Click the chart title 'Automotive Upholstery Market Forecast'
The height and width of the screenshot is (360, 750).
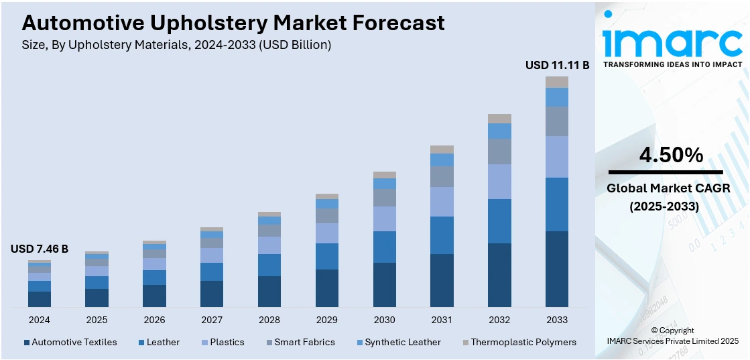(233, 23)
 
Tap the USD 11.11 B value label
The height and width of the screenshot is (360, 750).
(557, 65)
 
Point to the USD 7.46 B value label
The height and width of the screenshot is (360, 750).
(40, 249)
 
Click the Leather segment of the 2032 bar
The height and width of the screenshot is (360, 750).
(499, 221)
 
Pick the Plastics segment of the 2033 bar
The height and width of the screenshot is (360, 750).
(556, 157)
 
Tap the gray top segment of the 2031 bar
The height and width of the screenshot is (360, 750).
(442, 149)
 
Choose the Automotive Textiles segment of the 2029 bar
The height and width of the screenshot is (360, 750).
(327, 288)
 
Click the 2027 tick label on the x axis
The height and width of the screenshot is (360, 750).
(212, 320)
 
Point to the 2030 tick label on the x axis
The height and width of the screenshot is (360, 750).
(385, 320)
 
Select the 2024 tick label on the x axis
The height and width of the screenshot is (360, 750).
(40, 320)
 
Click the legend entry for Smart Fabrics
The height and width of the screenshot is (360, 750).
(304, 342)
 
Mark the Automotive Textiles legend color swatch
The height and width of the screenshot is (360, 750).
(27, 343)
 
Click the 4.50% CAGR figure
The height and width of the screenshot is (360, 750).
(671, 156)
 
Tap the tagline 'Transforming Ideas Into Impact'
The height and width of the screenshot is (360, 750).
(673, 64)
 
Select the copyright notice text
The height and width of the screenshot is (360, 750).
(672, 336)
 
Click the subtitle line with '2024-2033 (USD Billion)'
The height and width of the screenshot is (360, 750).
(177, 45)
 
